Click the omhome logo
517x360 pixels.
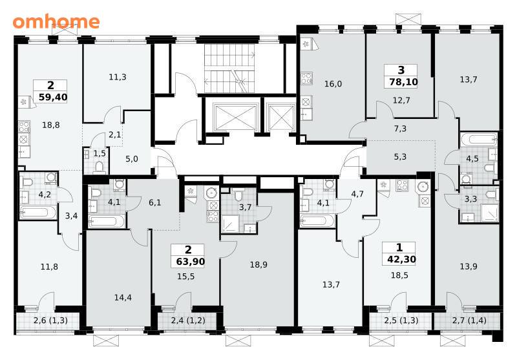[56, 21]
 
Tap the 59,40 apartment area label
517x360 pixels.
[53, 97]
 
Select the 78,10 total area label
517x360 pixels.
[403, 81]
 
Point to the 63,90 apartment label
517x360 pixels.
[190, 262]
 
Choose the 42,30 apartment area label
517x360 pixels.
[401, 259]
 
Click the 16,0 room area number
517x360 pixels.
[333, 84]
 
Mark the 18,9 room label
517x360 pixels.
[258, 265]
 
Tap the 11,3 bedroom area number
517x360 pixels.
[118, 77]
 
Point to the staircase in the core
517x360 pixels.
[229, 69]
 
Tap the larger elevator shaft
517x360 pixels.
[235, 117]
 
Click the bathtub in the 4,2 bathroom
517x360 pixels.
[38, 212]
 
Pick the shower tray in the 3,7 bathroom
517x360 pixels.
[232, 224]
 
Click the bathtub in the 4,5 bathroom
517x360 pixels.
[478, 139]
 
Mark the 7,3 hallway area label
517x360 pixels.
[400, 129]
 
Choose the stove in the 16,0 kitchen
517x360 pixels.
[306, 79]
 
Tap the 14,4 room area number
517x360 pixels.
[123, 298]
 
